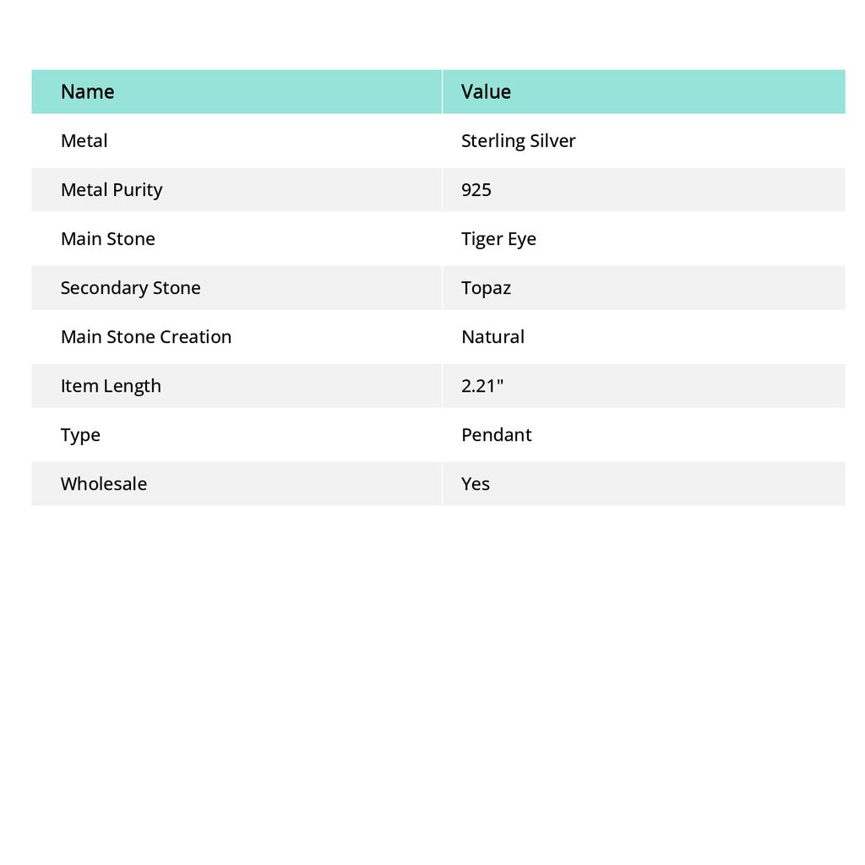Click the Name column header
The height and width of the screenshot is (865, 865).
(87, 91)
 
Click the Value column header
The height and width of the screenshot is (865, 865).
(486, 91)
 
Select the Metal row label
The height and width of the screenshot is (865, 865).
(84, 140)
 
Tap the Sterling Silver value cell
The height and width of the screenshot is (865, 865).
(518, 140)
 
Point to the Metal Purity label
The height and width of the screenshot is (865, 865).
(112, 189)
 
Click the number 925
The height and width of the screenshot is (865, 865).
(476, 189)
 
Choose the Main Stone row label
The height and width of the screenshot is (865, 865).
(108, 238)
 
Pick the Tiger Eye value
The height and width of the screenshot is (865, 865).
(498, 238)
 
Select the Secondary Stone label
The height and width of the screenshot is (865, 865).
(130, 287)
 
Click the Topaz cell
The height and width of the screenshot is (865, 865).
(486, 287)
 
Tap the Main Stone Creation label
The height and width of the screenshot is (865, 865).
(145, 336)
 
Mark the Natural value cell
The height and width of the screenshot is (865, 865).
(492, 336)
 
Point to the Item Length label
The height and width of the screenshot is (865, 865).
(111, 385)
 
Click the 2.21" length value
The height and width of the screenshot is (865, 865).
(482, 385)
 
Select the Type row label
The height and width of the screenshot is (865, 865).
(80, 434)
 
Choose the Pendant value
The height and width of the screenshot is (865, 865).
(496, 434)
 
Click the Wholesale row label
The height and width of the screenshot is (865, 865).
(104, 483)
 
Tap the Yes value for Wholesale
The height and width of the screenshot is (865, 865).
(476, 483)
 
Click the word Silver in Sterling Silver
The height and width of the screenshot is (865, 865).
(552, 140)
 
